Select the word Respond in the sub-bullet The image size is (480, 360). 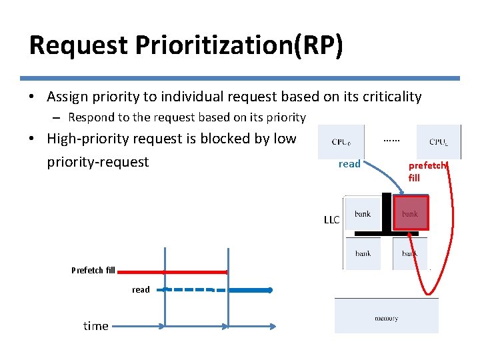coord(91,117)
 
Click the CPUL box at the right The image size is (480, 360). coord(438,141)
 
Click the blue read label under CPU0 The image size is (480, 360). coord(349,164)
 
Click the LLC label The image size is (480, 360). coord(331,220)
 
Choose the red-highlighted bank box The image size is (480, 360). coord(410,213)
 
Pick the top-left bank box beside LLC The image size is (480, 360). coord(363,214)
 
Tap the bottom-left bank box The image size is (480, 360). coord(363,253)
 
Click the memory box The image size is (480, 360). coord(387,318)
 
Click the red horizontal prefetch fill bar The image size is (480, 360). coord(173,272)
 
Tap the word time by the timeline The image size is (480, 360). coord(96,326)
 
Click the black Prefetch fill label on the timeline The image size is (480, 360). coord(93,270)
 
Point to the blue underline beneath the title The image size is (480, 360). coord(240,78)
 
